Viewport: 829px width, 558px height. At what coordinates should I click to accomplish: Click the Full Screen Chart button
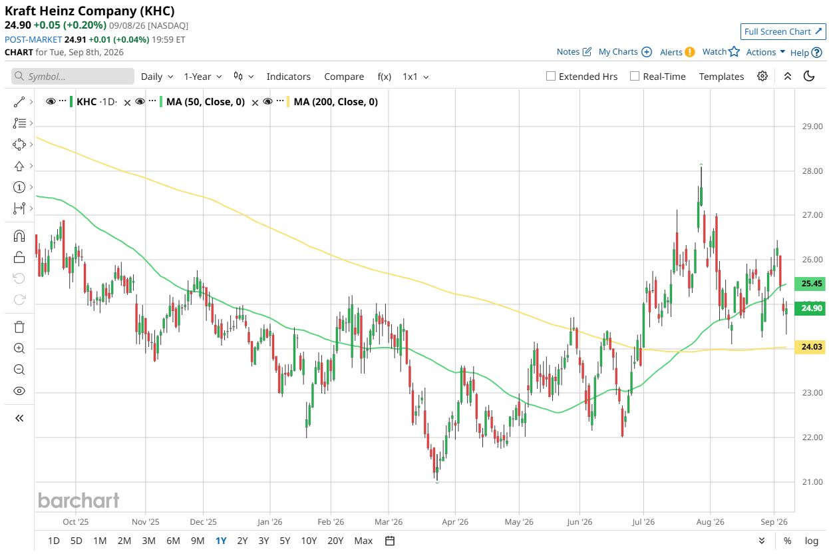pyautogui.click(x=782, y=31)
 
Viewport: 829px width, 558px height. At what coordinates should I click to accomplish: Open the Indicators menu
pyautogui.click(x=288, y=77)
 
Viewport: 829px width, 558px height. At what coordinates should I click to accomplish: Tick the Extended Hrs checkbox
pyautogui.click(x=551, y=77)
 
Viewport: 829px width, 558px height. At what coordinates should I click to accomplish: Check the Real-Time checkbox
pyautogui.click(x=634, y=77)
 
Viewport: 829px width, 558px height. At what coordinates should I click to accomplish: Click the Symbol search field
pyautogui.click(x=73, y=77)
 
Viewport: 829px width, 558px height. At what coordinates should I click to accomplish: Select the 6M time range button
pyautogui.click(x=173, y=541)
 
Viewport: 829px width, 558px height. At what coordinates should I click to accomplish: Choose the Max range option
pyautogui.click(x=363, y=541)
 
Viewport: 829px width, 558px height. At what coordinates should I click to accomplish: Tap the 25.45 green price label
pyautogui.click(x=811, y=284)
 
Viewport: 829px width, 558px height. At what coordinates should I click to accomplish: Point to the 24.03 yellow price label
pyautogui.click(x=811, y=347)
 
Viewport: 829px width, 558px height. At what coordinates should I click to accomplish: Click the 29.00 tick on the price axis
pyautogui.click(x=812, y=127)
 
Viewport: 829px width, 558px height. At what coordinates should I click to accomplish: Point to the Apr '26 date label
pyautogui.click(x=455, y=522)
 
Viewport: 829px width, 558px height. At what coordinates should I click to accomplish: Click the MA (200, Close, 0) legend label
pyautogui.click(x=336, y=102)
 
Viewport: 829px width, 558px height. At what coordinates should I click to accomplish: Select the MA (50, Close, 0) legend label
pyautogui.click(x=206, y=102)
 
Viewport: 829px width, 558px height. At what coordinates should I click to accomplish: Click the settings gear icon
pyautogui.click(x=762, y=77)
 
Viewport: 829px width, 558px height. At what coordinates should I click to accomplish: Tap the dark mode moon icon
pyautogui.click(x=809, y=77)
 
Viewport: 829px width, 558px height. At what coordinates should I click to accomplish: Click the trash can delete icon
pyautogui.click(x=19, y=327)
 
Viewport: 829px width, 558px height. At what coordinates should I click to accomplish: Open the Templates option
pyautogui.click(x=721, y=77)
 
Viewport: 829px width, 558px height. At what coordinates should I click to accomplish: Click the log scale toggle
pyautogui.click(x=811, y=541)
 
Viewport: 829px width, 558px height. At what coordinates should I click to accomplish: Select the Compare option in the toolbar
pyautogui.click(x=344, y=77)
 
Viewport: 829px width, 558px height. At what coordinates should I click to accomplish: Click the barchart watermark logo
pyautogui.click(x=79, y=501)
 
